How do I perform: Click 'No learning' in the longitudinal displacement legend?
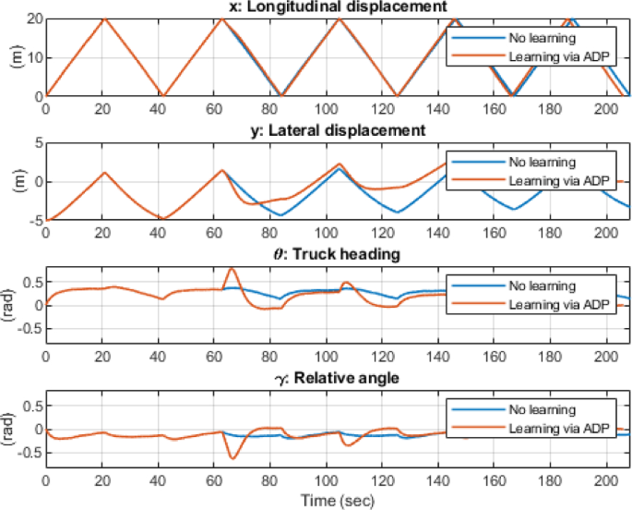[x=542, y=39]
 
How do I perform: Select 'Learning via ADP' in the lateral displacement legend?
[x=554, y=180]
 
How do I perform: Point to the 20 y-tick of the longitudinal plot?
[x=34, y=18]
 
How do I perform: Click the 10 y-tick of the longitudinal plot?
[x=34, y=57]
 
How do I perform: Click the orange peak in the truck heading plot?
[x=231, y=269]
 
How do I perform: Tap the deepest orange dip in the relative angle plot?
[x=233, y=458]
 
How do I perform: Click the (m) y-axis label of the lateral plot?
[x=16, y=181]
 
